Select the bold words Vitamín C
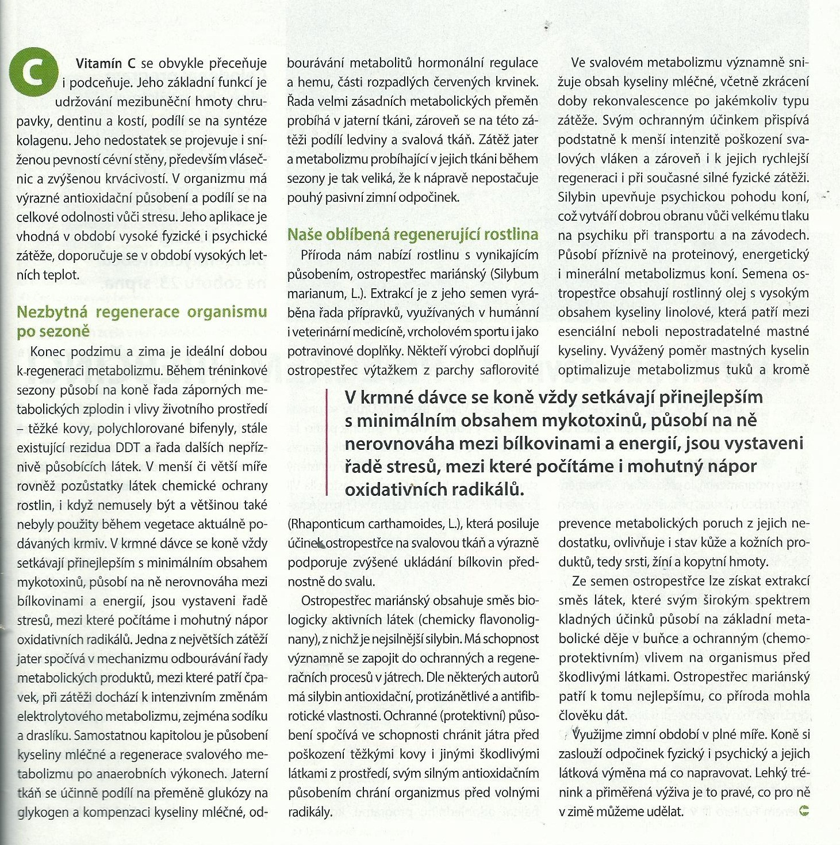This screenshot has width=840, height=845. (105, 63)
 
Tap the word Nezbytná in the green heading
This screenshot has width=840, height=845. (52, 312)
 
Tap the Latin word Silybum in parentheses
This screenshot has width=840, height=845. (516, 274)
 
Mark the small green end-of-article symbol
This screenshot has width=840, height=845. (804, 811)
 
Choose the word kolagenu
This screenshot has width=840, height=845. (42, 140)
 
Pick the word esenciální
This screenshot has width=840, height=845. (587, 332)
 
